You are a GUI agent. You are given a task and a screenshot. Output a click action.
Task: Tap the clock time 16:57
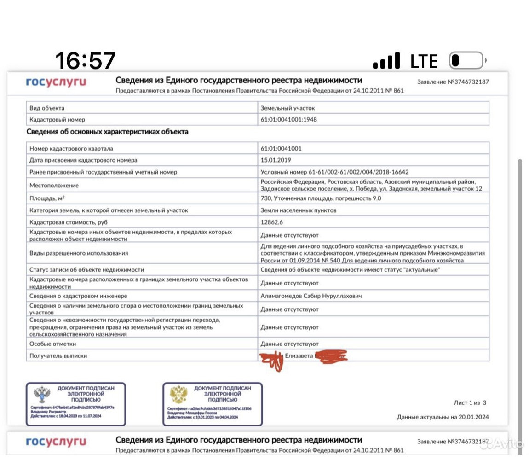click(x=86, y=61)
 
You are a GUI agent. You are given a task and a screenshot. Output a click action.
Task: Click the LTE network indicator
click(x=424, y=61)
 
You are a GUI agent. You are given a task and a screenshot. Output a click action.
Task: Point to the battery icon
click(x=467, y=61)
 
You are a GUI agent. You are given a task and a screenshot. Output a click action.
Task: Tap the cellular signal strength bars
click(x=386, y=61)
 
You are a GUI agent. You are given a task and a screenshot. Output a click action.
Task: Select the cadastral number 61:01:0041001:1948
click(x=288, y=120)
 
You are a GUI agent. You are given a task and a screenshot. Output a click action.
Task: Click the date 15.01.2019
click(x=276, y=160)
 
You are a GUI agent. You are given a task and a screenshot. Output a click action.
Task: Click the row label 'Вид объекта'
click(x=47, y=108)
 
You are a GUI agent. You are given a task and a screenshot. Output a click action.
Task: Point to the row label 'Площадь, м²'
click(x=47, y=198)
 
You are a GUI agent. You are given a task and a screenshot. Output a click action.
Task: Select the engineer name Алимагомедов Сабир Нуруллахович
click(x=311, y=296)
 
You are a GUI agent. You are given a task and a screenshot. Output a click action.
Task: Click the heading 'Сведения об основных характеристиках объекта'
click(x=107, y=132)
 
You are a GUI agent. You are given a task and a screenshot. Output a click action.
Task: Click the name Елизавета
click(x=299, y=356)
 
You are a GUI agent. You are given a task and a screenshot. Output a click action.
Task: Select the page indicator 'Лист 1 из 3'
click(x=470, y=403)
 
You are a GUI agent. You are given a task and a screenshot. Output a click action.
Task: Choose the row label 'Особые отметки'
click(x=52, y=344)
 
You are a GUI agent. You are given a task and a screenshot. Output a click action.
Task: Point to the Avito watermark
click(x=506, y=444)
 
